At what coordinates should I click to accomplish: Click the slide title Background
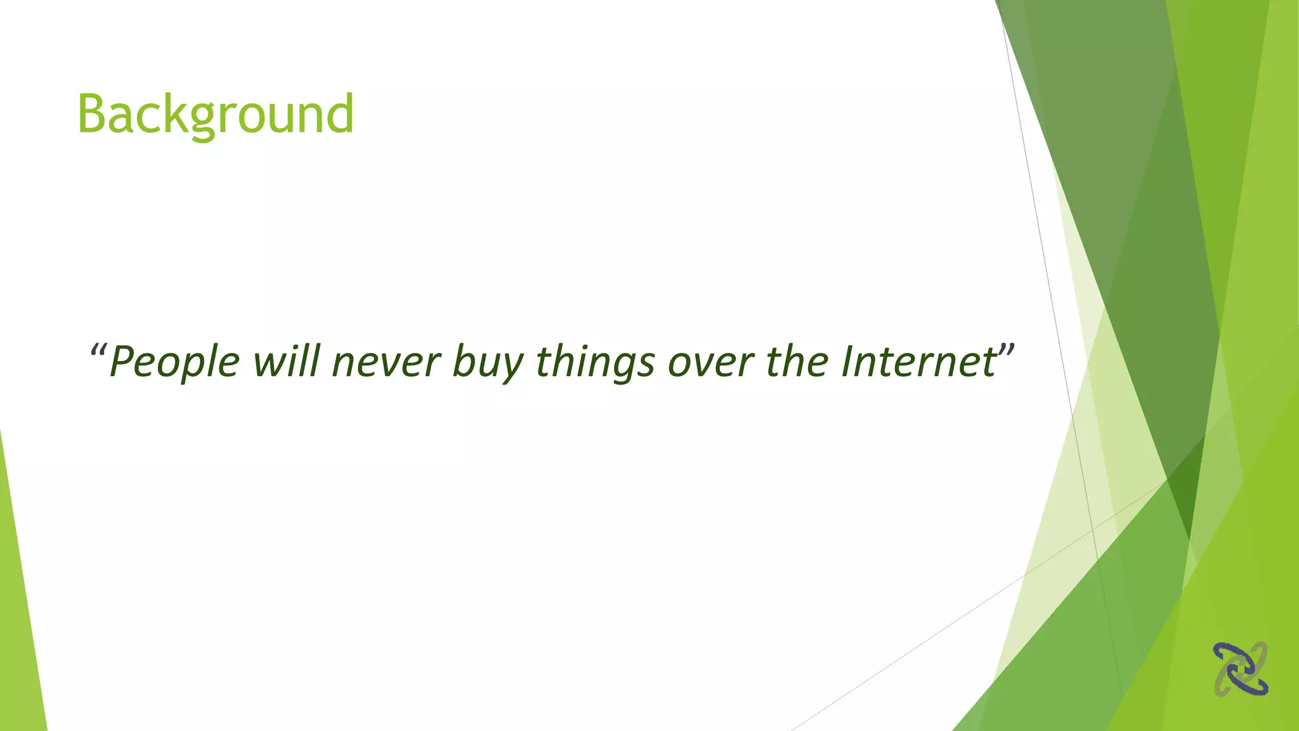pos(215,114)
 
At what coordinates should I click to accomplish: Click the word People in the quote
pos(174,362)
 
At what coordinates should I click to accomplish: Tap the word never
pos(386,362)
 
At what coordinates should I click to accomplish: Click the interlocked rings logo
pos(1241,669)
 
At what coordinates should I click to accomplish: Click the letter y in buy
pos(513,367)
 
